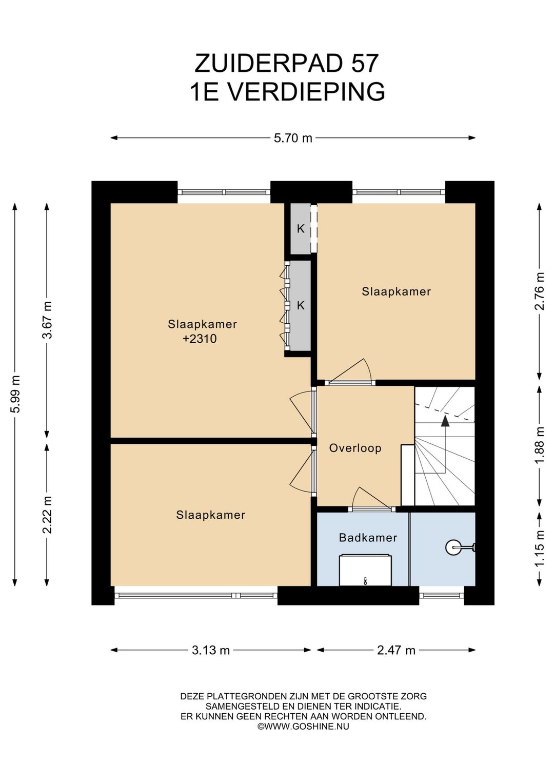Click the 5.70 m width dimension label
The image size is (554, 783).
click(x=292, y=138)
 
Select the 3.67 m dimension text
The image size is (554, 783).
click(x=48, y=320)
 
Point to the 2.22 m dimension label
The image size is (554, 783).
click(x=48, y=515)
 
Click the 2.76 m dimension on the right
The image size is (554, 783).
click(x=540, y=291)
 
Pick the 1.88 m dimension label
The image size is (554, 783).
click(x=540, y=445)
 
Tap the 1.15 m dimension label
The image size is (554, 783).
click(x=540, y=549)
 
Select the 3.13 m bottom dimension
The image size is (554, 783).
click(x=211, y=650)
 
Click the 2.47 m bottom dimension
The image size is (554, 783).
click(x=396, y=650)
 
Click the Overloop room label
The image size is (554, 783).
click(x=355, y=448)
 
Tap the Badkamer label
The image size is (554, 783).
click(x=368, y=538)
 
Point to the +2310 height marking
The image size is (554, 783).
click(x=200, y=339)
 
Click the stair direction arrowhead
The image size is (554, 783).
click(x=445, y=421)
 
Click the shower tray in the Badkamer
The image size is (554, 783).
click(x=365, y=570)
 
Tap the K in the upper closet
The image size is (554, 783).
click(x=301, y=229)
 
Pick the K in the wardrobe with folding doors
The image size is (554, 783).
click(x=301, y=305)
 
